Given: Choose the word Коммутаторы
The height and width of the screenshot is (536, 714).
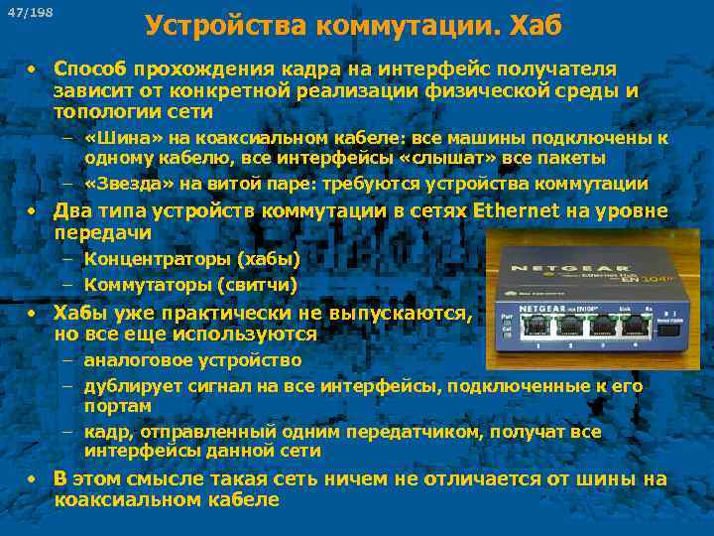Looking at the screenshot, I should (147, 285).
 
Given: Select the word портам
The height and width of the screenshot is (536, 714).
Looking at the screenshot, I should (118, 406).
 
